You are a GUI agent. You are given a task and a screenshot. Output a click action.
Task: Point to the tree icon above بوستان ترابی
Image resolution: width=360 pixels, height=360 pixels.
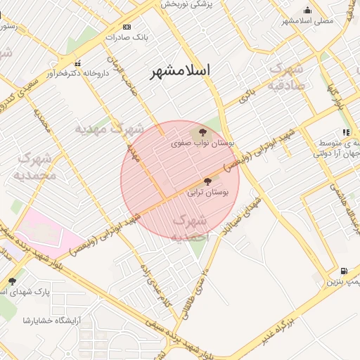[207, 181]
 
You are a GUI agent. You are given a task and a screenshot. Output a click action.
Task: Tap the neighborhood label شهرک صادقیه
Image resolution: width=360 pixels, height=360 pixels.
[286, 78]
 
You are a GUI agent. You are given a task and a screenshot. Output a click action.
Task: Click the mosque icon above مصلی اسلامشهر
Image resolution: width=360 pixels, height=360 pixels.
[307, 10]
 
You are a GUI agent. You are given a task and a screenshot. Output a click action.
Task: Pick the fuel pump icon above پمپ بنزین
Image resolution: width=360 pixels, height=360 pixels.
[344, 271]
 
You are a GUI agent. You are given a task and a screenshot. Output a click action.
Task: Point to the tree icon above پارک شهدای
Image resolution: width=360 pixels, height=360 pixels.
[12, 281]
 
